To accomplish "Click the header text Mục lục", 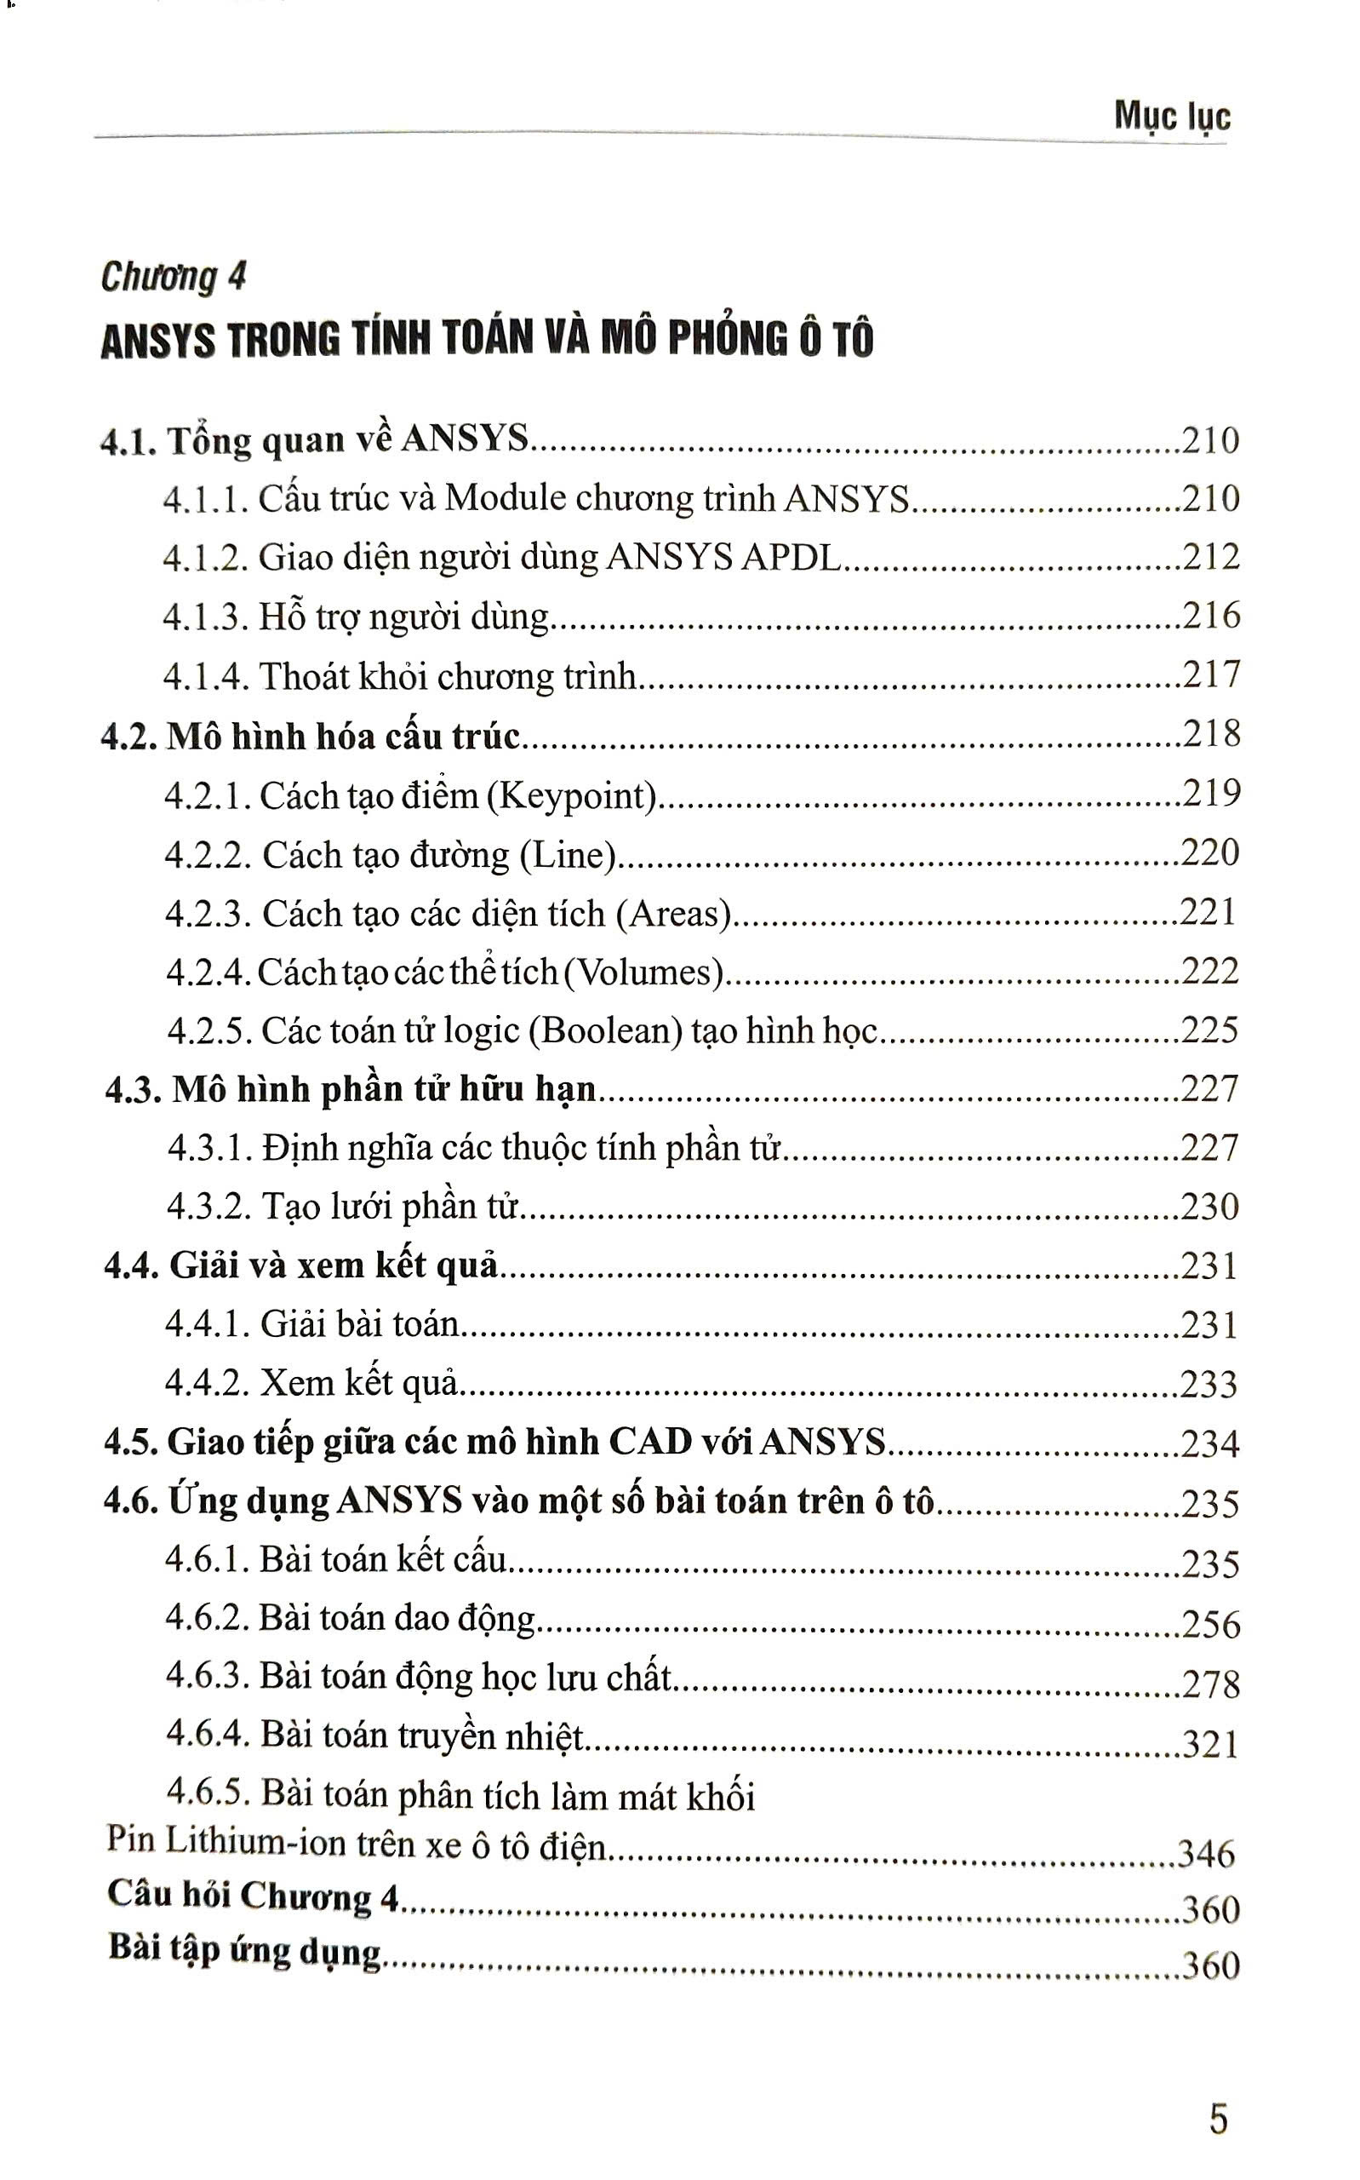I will click(x=1171, y=117).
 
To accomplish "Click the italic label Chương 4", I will click(x=173, y=277).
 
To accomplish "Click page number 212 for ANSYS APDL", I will click(x=1210, y=557).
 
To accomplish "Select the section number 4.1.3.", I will click(x=206, y=617).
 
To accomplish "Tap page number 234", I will click(x=1210, y=1443).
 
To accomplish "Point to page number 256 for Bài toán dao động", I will click(x=1211, y=1624).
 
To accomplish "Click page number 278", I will click(x=1211, y=1684).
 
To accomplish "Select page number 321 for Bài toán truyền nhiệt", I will click(x=1211, y=1744).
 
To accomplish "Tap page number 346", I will click(x=1206, y=1851).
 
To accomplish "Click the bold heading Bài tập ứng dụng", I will click(x=244, y=1948).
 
